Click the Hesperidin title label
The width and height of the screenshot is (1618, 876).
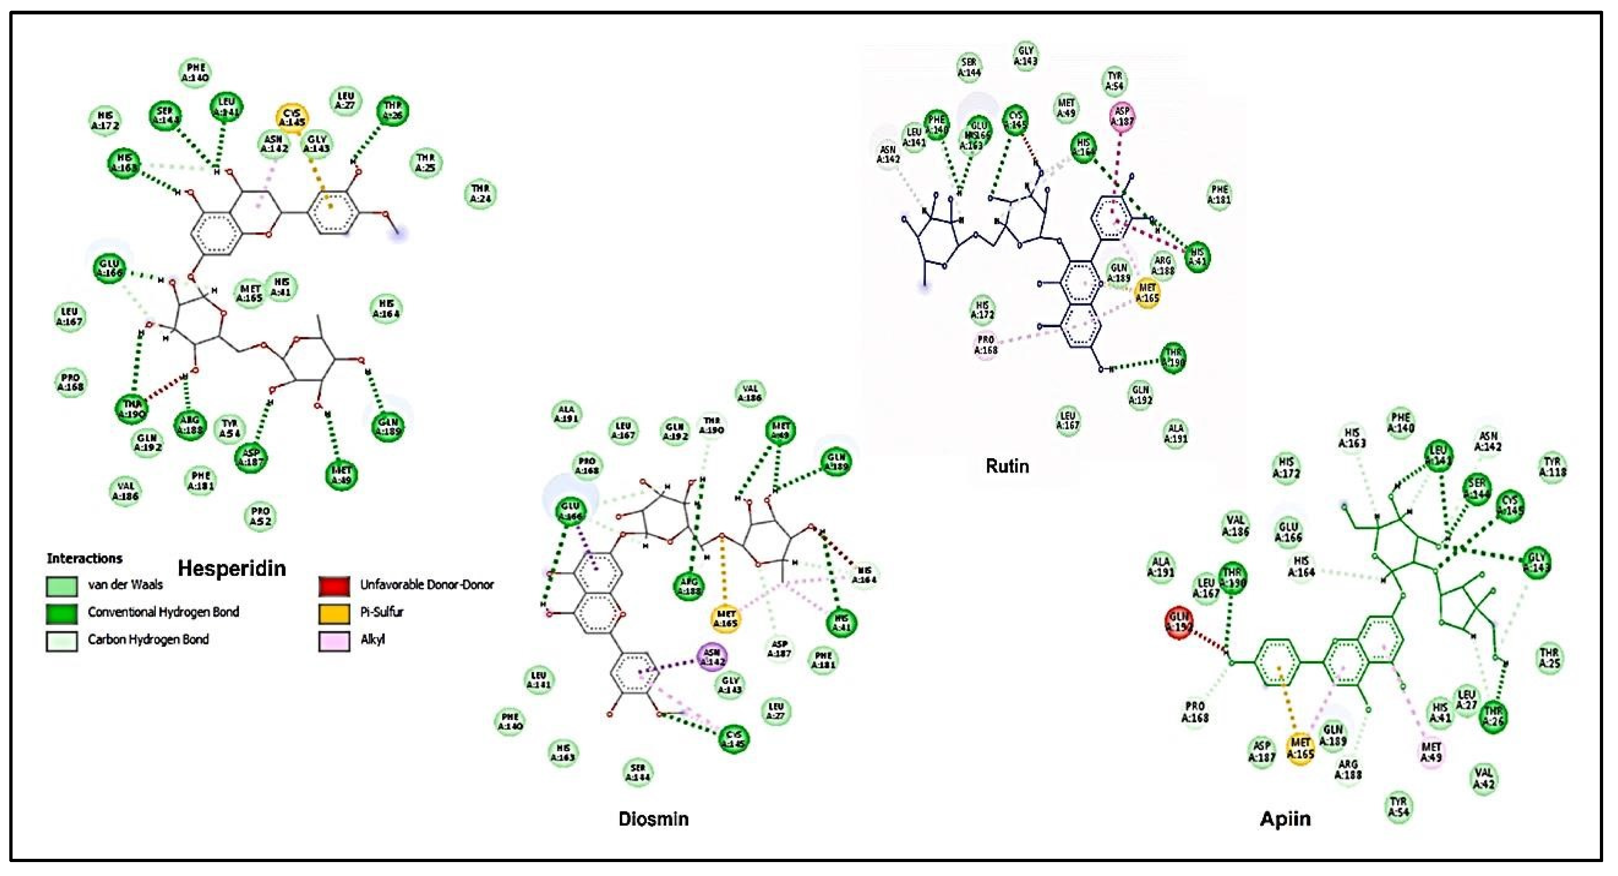tap(232, 568)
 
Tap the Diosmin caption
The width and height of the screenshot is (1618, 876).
tap(653, 819)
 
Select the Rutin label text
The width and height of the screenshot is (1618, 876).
tap(1008, 466)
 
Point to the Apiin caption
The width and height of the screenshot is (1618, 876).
tap(1285, 819)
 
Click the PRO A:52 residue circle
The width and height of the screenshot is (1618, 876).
tap(260, 516)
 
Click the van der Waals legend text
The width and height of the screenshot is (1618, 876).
tap(125, 585)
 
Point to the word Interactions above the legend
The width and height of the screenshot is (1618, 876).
tap(84, 558)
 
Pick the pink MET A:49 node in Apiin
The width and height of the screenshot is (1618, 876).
tap(1432, 751)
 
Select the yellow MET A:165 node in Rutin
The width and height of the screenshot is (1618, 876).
tap(1147, 293)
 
